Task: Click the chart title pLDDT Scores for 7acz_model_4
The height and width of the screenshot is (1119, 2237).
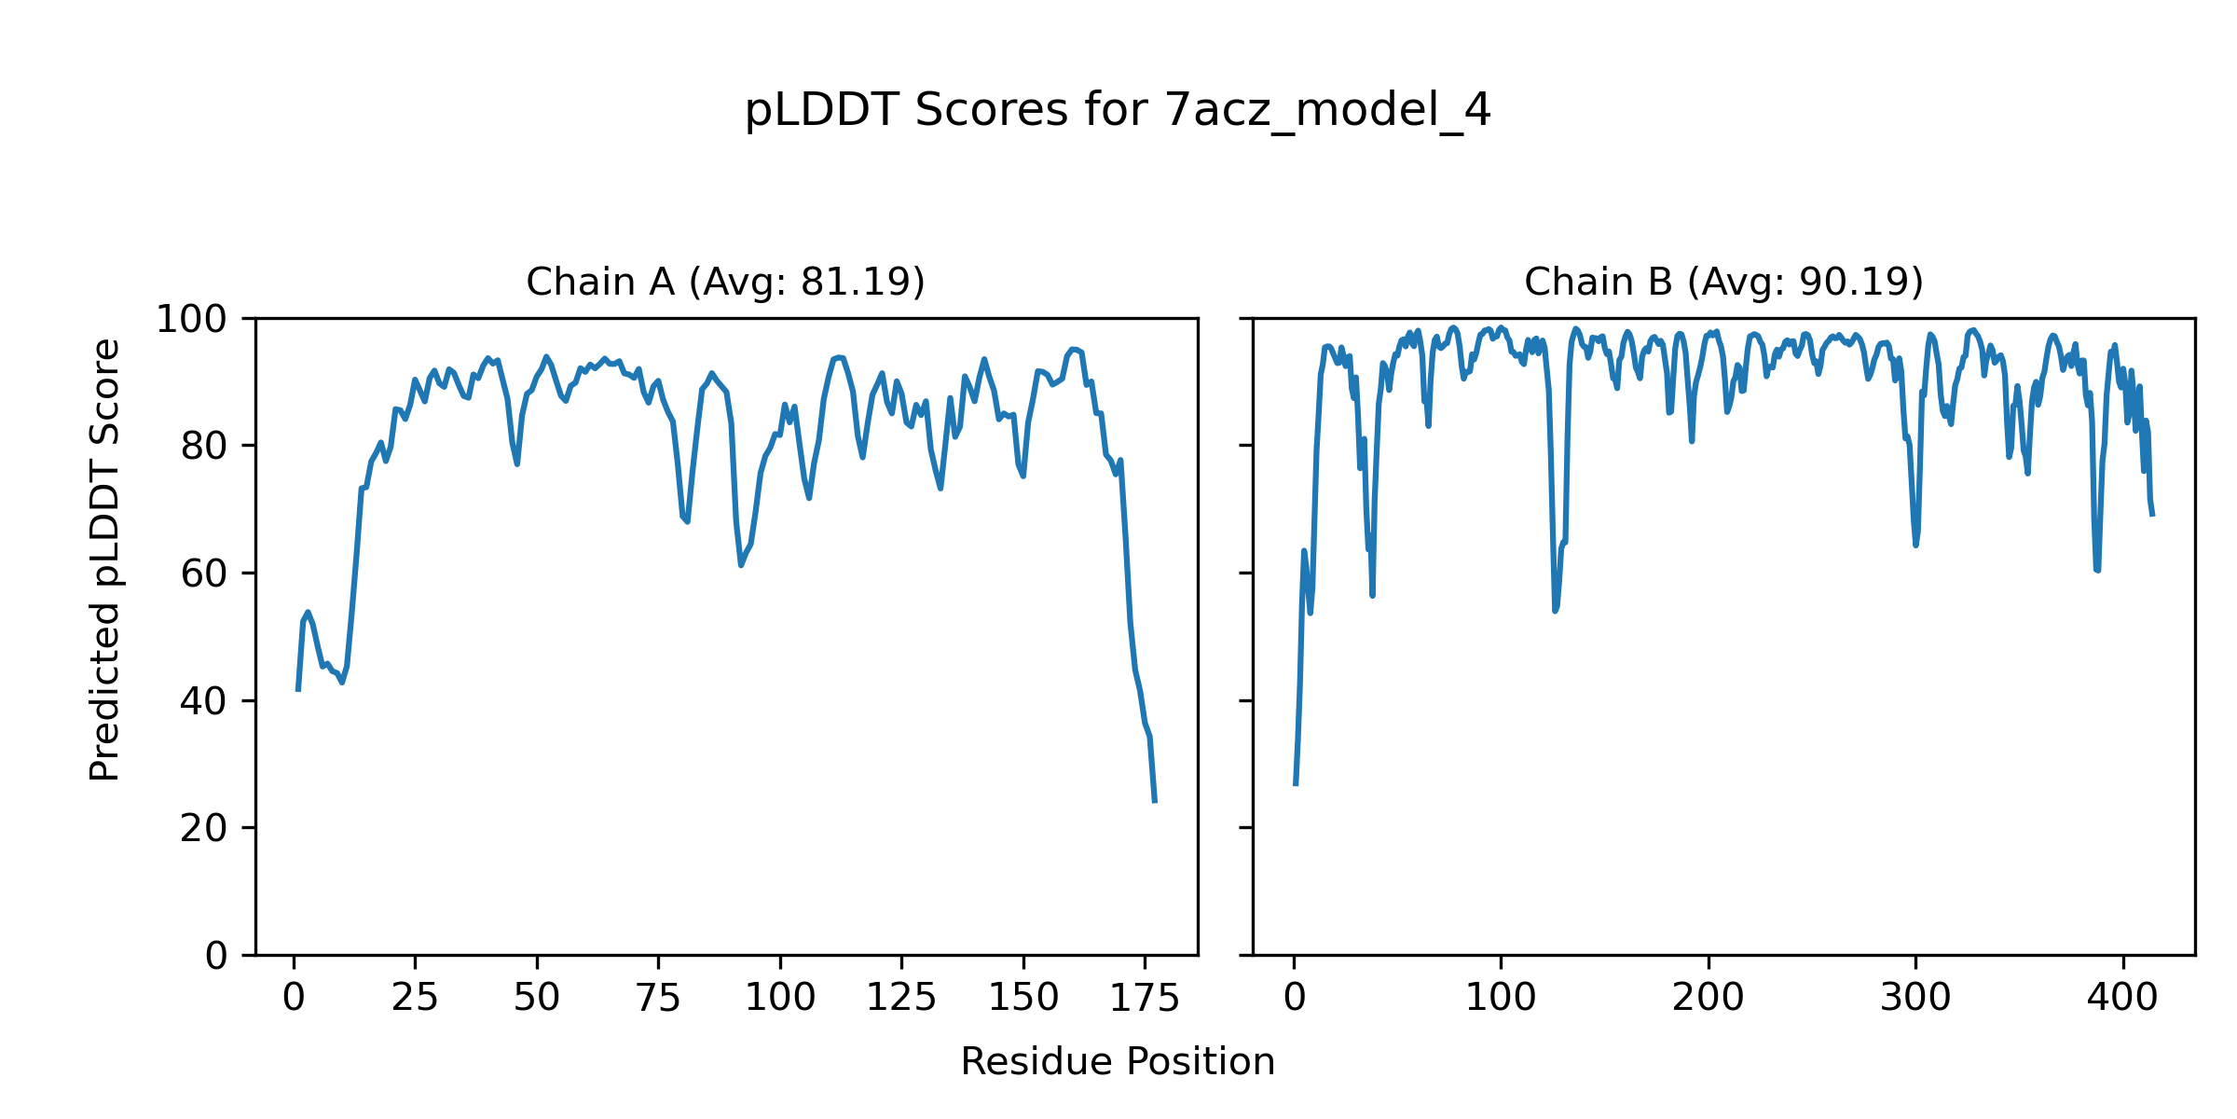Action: coord(1118,111)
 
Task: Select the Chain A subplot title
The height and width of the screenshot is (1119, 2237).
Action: coord(725,282)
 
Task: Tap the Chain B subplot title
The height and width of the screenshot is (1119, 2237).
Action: coord(1723,282)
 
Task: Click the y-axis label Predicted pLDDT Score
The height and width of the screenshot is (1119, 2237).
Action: coord(104,559)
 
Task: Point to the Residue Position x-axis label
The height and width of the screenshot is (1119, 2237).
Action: coord(1118,1062)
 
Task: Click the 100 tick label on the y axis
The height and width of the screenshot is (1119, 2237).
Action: coord(191,320)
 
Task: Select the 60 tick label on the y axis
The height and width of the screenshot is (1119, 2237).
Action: coord(204,574)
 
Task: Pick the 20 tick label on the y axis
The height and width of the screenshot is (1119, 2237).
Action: coord(204,829)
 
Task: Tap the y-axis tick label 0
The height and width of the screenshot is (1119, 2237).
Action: coord(216,956)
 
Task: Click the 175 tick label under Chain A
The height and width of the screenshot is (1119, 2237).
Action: coord(1145,999)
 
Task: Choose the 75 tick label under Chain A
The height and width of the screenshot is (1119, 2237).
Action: coord(658,999)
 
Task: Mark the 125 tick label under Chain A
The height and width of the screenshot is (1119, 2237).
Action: coord(901,999)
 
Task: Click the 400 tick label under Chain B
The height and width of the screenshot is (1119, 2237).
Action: coord(2122,999)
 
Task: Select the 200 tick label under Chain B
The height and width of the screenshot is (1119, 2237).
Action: coord(1708,999)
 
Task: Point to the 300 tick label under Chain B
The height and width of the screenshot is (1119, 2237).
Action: coord(1915,999)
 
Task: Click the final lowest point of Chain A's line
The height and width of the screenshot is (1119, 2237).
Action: coord(1155,802)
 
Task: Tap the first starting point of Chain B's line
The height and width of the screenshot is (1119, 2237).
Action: coord(1295,785)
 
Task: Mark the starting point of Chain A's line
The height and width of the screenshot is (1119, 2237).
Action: coord(297,691)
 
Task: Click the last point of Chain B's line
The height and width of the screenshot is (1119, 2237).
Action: coord(2153,516)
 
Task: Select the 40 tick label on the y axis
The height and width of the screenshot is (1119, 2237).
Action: coord(204,701)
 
